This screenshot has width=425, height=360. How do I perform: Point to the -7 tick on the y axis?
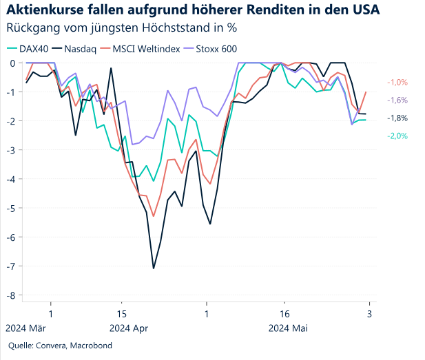(12, 266)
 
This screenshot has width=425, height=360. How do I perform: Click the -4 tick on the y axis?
(12, 179)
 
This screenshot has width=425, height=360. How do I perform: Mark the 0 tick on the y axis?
(14, 63)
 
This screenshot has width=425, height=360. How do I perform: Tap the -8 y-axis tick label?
(12, 295)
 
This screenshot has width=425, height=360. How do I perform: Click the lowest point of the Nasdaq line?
(154, 268)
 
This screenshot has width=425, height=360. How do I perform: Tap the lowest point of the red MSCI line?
(154, 216)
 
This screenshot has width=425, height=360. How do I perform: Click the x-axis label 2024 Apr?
(129, 328)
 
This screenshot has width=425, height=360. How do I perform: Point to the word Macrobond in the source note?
(92, 346)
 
